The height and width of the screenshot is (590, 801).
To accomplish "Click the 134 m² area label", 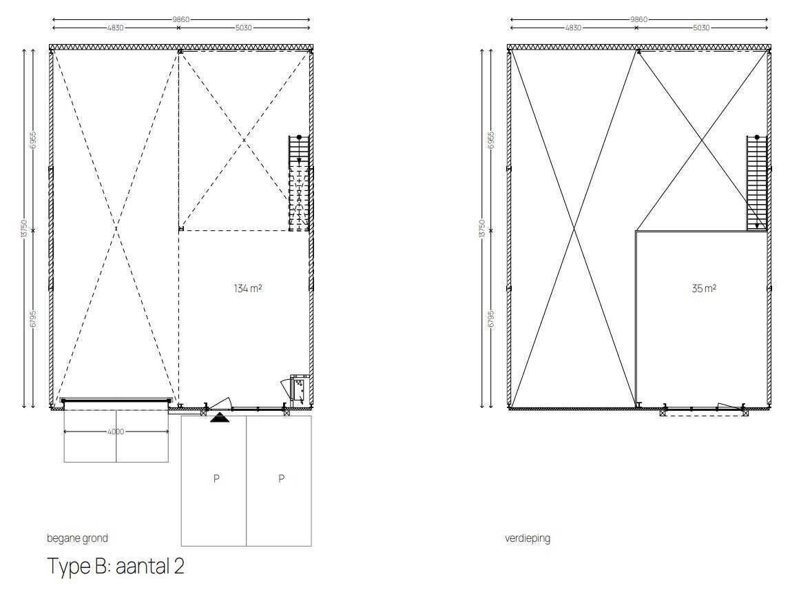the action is click(x=248, y=288).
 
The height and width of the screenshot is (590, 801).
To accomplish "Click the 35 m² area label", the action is click(x=703, y=288).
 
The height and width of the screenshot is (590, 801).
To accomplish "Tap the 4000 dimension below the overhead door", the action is click(x=116, y=431).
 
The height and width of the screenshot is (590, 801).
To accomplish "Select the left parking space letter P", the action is click(x=216, y=478).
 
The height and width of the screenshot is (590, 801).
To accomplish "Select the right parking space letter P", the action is click(x=282, y=478).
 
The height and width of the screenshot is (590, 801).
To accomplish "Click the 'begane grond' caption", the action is click(x=77, y=538).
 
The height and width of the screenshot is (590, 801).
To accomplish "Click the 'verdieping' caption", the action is click(x=528, y=538).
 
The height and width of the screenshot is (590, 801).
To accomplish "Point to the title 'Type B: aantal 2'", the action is click(x=116, y=566).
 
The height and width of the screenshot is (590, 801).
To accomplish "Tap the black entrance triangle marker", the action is click(x=220, y=417).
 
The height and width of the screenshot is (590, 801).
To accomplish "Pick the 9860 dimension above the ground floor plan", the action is click(x=181, y=19).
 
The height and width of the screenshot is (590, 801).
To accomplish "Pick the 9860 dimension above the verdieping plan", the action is click(x=638, y=19).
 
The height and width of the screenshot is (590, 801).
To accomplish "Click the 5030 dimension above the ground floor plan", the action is click(x=243, y=28).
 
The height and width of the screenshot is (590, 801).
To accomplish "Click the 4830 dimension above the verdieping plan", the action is click(x=572, y=28).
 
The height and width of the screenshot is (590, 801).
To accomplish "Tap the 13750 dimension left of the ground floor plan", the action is click(x=23, y=229).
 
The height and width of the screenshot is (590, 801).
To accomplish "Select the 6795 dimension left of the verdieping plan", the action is click(x=491, y=319).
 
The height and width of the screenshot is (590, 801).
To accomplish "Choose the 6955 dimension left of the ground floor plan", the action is click(x=33, y=140).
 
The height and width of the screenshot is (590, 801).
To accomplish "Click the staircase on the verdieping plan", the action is click(x=757, y=183).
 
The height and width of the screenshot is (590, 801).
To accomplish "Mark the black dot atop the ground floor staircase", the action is click(x=300, y=138).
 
